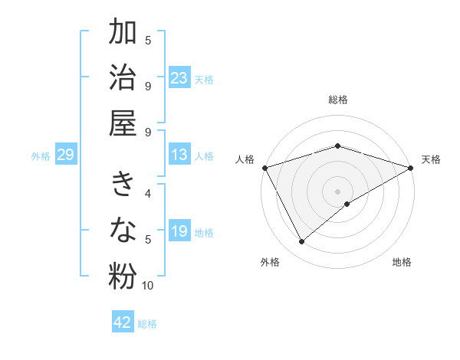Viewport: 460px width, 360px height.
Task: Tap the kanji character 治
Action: (x=123, y=78)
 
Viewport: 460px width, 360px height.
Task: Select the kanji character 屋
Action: (x=123, y=123)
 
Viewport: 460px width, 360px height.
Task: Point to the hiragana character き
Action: (x=123, y=186)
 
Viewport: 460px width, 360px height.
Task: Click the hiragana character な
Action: (x=123, y=231)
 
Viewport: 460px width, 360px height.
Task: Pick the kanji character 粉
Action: (x=123, y=277)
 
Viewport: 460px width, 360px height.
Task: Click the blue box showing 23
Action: (x=179, y=78)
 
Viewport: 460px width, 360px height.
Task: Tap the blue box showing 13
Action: (x=179, y=155)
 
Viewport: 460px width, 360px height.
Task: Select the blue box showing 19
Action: (x=179, y=231)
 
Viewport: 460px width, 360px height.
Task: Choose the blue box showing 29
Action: (x=65, y=155)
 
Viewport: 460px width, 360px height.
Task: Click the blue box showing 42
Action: (x=123, y=322)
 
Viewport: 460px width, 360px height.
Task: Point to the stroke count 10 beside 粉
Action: (x=148, y=286)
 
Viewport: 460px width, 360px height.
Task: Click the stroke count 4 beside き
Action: (x=148, y=194)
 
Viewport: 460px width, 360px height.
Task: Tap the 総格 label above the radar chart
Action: (x=338, y=100)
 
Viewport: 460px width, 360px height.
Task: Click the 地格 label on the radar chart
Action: (x=402, y=262)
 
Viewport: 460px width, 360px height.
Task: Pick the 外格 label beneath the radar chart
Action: (x=270, y=262)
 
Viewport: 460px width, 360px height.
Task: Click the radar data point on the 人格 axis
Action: (x=264, y=168)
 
